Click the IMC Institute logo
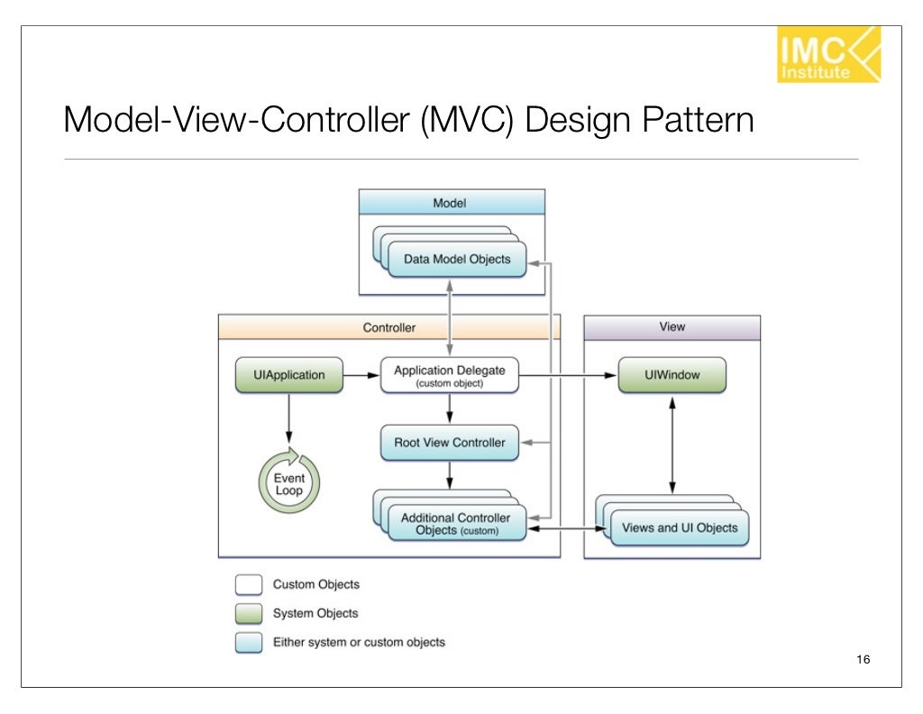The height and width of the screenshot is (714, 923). [x=827, y=55]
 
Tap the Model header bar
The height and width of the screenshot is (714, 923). [x=452, y=202]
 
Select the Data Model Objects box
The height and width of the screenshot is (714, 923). [x=457, y=259]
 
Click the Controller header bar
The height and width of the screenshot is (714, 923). [x=388, y=327]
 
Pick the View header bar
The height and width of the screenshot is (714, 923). [x=672, y=327]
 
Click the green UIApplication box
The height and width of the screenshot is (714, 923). [x=288, y=375]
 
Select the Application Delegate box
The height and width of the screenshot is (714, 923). [x=449, y=375]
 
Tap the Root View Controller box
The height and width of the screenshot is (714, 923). [x=449, y=443]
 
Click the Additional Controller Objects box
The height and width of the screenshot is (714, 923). [x=456, y=524]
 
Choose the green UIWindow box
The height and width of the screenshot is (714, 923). [x=672, y=375]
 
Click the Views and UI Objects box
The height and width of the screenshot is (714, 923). [x=680, y=527]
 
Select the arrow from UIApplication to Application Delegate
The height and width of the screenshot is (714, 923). [x=361, y=375]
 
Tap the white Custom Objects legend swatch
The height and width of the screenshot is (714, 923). [x=249, y=585]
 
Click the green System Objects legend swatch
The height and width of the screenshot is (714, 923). [x=249, y=614]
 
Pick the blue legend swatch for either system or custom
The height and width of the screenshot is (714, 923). [x=249, y=643]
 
